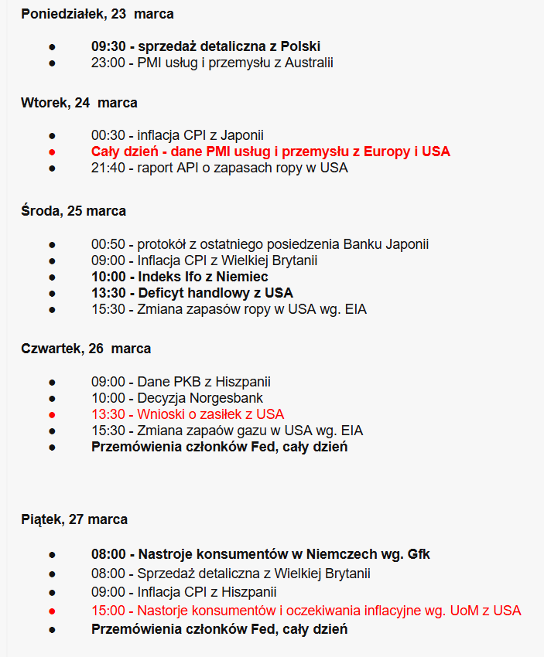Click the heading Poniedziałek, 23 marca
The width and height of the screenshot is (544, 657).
click(98, 14)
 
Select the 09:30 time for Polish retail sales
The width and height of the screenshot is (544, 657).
click(108, 46)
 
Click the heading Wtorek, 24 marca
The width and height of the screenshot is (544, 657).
click(79, 103)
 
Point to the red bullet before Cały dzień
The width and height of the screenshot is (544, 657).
click(53, 151)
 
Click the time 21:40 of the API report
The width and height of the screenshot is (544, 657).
click(108, 168)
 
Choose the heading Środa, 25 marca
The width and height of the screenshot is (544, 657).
click(74, 211)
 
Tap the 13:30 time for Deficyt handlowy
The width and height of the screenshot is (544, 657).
click(108, 293)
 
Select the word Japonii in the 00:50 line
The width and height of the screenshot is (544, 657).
click(406, 244)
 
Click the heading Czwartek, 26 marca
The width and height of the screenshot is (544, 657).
click(86, 349)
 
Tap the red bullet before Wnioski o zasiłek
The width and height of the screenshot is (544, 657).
click(53, 414)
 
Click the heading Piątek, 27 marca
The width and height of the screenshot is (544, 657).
click(74, 519)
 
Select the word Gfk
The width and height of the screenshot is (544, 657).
click(418, 554)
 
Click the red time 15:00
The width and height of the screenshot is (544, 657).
click(108, 611)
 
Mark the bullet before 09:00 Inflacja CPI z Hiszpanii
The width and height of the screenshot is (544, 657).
click(53, 593)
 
